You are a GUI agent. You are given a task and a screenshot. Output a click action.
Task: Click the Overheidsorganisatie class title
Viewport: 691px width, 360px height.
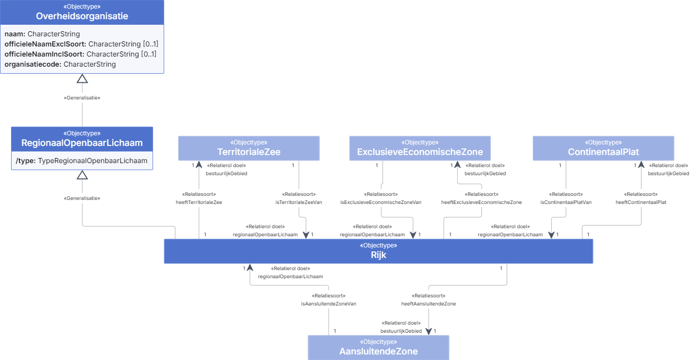pyautogui.click(x=82, y=16)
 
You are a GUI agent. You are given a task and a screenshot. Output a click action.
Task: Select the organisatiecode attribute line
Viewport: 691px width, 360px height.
pyautogui.click(x=60, y=64)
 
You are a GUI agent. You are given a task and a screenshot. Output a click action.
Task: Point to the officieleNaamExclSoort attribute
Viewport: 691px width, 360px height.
pyautogui.click(x=81, y=44)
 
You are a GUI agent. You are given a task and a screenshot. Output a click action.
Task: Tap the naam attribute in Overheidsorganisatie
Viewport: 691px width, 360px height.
pyautogui.click(x=42, y=34)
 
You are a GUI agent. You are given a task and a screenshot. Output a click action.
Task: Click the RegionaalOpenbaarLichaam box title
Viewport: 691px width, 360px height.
pyautogui.click(x=82, y=143)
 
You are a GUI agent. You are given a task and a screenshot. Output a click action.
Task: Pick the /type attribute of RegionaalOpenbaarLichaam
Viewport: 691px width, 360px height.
pyautogui.click(x=82, y=161)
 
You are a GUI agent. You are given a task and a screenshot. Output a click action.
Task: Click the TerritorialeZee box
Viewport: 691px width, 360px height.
pyautogui.click(x=249, y=148)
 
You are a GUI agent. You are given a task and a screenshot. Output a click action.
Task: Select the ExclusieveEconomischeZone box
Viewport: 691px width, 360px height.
pyautogui.click(x=420, y=148)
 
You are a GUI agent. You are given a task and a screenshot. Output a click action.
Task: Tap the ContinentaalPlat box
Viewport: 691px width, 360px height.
pyautogui.click(x=604, y=148)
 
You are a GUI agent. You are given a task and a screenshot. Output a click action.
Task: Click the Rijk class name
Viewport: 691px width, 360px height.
pyautogui.click(x=378, y=255)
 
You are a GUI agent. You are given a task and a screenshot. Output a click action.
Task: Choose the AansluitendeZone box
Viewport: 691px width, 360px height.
pyautogui.click(x=378, y=348)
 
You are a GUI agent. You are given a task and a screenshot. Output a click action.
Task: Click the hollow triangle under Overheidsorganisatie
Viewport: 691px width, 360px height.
pyautogui.click(x=82, y=79)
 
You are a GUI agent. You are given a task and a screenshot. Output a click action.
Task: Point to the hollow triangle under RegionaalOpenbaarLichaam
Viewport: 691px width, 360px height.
pyautogui.click(x=82, y=175)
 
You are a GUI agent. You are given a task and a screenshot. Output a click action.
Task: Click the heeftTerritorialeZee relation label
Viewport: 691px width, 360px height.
pyautogui.click(x=199, y=202)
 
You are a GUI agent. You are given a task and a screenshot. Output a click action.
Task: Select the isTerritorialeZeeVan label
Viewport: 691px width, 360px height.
pyautogui.click(x=299, y=202)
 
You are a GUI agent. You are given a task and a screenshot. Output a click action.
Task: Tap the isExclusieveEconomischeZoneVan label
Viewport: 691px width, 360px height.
pyautogui.click(x=381, y=202)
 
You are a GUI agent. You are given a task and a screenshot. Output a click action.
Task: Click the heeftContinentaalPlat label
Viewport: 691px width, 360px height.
pyautogui.click(x=641, y=202)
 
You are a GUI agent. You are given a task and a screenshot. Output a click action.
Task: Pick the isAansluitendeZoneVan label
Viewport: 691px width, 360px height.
pyautogui.click(x=328, y=304)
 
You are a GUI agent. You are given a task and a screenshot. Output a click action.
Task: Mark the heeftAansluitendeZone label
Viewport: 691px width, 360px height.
pyautogui.click(x=428, y=304)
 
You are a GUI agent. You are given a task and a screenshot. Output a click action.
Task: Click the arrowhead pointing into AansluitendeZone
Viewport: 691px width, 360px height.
pyautogui.click(x=428, y=332)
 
